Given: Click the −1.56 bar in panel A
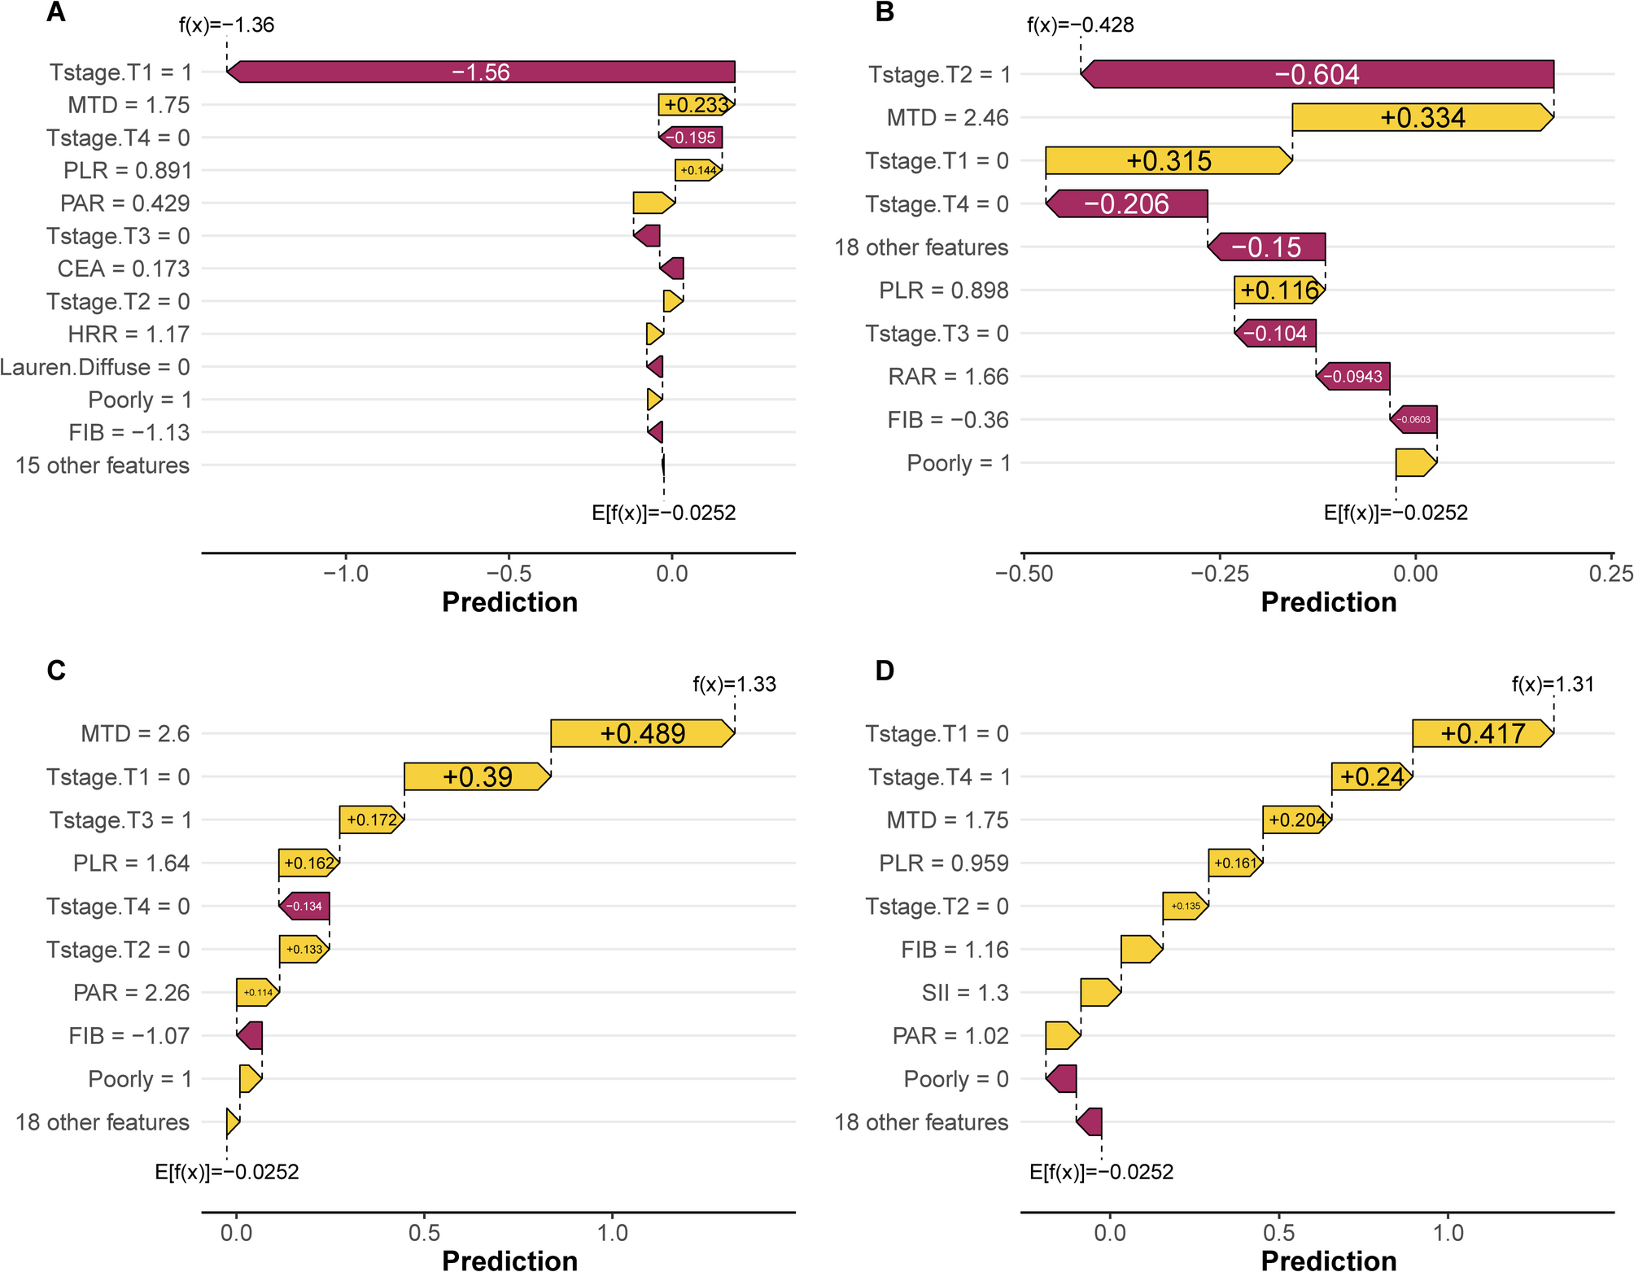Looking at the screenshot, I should click(x=480, y=72).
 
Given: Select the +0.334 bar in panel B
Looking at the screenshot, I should click(x=1422, y=117).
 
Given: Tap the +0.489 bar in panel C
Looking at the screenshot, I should click(x=642, y=733).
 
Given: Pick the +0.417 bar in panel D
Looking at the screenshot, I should click(x=1482, y=733).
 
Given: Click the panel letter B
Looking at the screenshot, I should click(x=885, y=13).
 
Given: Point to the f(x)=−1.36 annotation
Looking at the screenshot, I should click(x=226, y=25).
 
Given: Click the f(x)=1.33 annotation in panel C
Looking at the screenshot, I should click(x=734, y=684).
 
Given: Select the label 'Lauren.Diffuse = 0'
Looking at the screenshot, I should click(x=95, y=367).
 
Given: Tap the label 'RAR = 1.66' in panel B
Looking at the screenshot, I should click(x=948, y=377).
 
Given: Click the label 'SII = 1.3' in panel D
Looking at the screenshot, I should click(x=964, y=993).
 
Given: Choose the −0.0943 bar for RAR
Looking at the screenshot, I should click(x=1352, y=377).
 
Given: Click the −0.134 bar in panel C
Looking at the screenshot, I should click(x=304, y=906).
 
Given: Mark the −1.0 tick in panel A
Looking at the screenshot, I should click(x=346, y=574).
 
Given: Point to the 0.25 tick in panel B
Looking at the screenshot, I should click(x=1610, y=574).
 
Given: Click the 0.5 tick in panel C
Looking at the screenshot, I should click(x=424, y=1232).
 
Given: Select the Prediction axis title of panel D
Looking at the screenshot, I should click(x=1328, y=1260).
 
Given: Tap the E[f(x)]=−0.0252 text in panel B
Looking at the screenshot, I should click(x=1396, y=513).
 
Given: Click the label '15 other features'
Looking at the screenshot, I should click(x=103, y=466).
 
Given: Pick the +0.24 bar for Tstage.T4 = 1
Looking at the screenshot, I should click(x=1371, y=776).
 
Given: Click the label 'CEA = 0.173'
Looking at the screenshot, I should click(x=124, y=269).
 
